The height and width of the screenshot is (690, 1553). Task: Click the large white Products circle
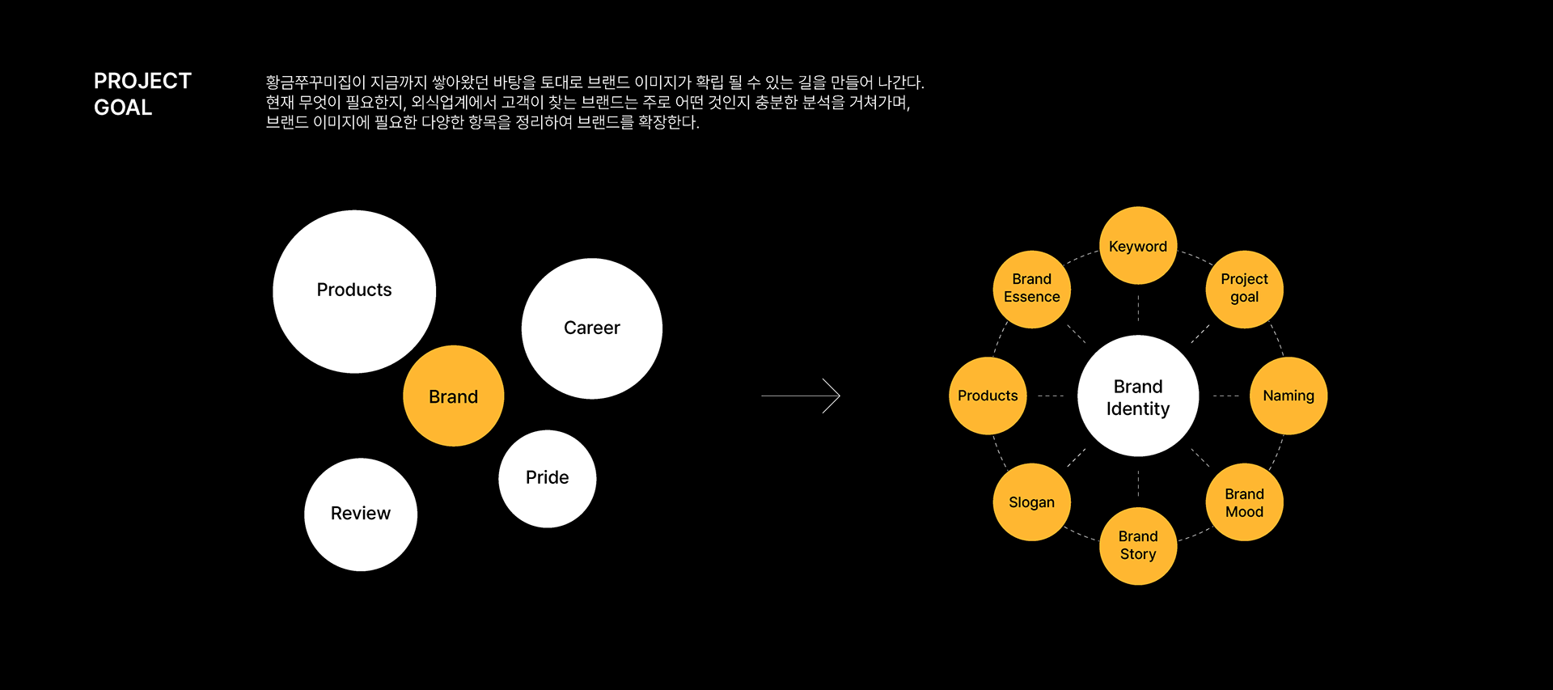pyautogui.click(x=354, y=291)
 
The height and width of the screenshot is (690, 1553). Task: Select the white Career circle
pyautogui.click(x=592, y=328)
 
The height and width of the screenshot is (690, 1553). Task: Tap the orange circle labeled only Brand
pyautogui.click(x=453, y=396)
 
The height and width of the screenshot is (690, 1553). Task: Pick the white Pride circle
pyautogui.click(x=547, y=478)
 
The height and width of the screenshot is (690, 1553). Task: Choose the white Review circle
pyautogui.click(x=361, y=514)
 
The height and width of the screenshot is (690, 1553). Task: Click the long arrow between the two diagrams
pyautogui.click(x=800, y=396)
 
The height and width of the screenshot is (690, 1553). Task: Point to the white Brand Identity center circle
pyautogui.click(x=1138, y=396)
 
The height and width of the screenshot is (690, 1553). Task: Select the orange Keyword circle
pyautogui.click(x=1138, y=246)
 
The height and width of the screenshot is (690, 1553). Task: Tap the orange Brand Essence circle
pyautogui.click(x=1032, y=289)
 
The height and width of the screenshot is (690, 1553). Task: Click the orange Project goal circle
pyautogui.click(x=1244, y=289)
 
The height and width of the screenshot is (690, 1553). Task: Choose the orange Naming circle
pyautogui.click(x=1289, y=396)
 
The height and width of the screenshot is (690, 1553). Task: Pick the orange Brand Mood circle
pyautogui.click(x=1244, y=502)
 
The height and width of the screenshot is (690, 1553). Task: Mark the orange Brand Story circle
pyautogui.click(x=1138, y=546)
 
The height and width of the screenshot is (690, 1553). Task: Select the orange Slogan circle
pyautogui.click(x=1032, y=502)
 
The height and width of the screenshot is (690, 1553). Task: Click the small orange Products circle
pyautogui.click(x=988, y=396)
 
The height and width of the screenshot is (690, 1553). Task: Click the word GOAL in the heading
pyautogui.click(x=123, y=108)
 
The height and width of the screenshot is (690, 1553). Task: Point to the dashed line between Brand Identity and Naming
pyautogui.click(x=1225, y=396)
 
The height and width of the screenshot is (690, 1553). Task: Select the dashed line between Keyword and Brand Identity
pyautogui.click(x=1138, y=309)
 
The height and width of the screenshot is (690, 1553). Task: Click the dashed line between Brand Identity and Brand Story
pyautogui.click(x=1138, y=483)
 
